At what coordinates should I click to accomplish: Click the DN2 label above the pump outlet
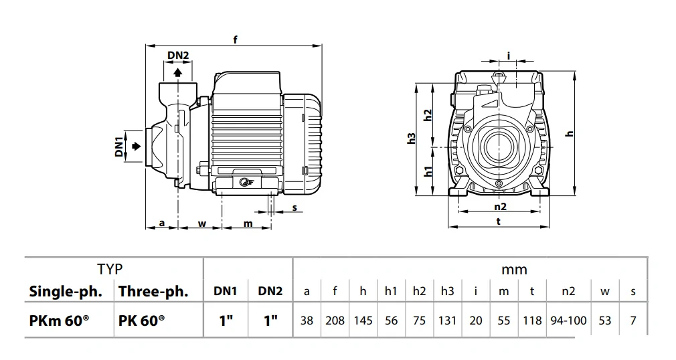[177, 55]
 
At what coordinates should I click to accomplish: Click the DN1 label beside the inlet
[119, 147]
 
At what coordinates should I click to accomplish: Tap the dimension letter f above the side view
[235, 39]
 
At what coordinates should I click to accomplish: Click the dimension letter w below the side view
[201, 223]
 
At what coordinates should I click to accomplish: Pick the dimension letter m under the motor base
[248, 223]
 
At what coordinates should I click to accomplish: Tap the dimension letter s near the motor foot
[294, 207]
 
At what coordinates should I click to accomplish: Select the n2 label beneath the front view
[500, 207]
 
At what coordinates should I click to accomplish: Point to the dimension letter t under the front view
[499, 221]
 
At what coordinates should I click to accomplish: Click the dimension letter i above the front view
[509, 56]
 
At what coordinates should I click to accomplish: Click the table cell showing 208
[335, 321]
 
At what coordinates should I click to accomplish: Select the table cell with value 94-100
[568, 321]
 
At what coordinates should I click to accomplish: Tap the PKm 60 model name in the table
[59, 321]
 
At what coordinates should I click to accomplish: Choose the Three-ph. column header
[153, 292]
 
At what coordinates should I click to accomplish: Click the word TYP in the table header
[110, 269]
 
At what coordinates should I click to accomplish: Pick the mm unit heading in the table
[514, 270]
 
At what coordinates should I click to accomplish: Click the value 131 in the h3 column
[447, 321]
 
